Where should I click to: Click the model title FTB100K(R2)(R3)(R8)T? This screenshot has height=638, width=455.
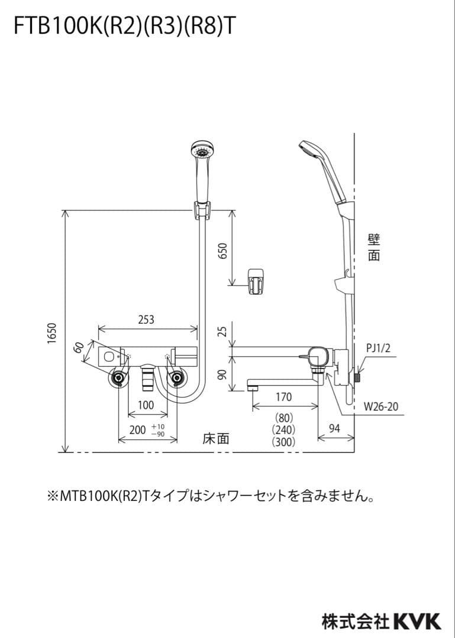pyautogui.click(x=122, y=27)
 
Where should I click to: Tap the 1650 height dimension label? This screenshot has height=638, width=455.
pyautogui.click(x=51, y=334)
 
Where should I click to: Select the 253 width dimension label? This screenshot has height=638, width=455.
pyautogui.click(x=146, y=320)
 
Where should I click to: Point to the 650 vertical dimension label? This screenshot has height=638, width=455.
pyautogui.click(x=222, y=252)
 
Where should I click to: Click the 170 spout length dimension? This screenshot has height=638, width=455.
pyautogui.click(x=283, y=398)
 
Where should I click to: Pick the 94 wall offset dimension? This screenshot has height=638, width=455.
pyautogui.click(x=334, y=429)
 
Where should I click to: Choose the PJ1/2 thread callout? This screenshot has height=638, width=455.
pyautogui.click(x=378, y=349)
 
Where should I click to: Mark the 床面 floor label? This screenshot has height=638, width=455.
pyautogui.click(x=215, y=439)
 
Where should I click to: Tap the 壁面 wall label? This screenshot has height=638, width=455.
pyautogui.click(x=373, y=247)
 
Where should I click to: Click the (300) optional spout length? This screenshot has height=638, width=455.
pyautogui.click(x=283, y=441)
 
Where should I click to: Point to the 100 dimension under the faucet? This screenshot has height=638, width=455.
pyautogui.click(x=146, y=405)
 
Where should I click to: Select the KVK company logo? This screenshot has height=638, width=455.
pyautogui.click(x=417, y=621)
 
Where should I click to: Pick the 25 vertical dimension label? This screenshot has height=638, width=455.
pyautogui.click(x=222, y=331)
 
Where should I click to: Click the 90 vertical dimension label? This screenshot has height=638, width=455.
pyautogui.click(x=222, y=375)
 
